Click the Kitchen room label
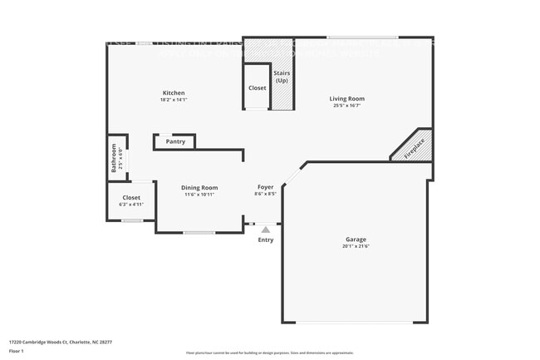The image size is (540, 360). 174,92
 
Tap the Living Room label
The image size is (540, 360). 348,98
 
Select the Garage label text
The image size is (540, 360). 356,239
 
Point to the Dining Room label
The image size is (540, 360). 199,188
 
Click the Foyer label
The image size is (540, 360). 265,188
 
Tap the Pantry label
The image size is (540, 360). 175,141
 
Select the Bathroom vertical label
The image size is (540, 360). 115,157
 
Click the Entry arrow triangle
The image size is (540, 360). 265,229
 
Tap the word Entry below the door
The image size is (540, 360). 265,239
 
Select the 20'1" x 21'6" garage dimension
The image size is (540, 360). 356,247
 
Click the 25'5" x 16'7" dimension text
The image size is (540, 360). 348,106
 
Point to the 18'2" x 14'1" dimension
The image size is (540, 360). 174,100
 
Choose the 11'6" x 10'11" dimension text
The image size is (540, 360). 199,195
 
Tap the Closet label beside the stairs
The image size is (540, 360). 257,87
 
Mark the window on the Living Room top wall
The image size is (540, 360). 361,37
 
